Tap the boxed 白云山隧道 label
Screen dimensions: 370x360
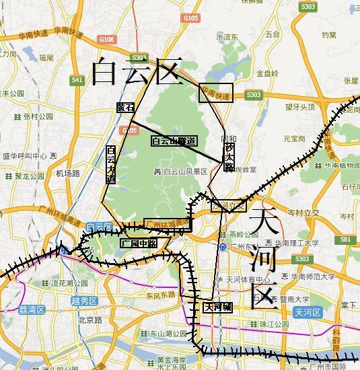point(174,141)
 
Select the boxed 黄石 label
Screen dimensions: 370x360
point(125,107)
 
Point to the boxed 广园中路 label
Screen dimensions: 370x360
point(139,243)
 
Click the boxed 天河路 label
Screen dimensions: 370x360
point(218,307)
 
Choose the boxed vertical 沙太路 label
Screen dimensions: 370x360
point(229,156)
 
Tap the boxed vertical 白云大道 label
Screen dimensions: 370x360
point(111,164)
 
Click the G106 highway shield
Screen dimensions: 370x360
point(106,40)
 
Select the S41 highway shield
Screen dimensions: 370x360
point(77,81)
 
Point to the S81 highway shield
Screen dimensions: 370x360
point(345,239)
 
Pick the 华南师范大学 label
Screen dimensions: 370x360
point(312,276)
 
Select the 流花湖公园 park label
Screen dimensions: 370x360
point(70,283)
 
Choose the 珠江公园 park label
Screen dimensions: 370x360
point(273,324)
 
